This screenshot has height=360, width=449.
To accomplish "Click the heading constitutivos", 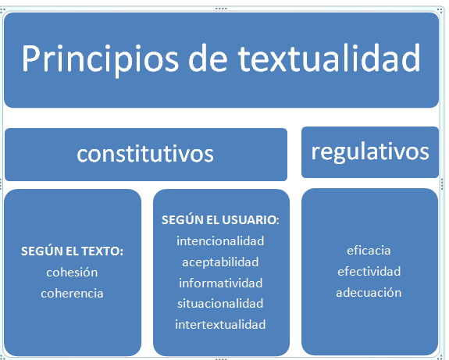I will (145, 154).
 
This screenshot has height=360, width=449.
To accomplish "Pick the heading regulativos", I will (370, 151).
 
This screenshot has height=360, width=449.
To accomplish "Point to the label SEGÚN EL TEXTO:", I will (73, 252).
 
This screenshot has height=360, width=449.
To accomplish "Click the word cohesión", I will (73, 273).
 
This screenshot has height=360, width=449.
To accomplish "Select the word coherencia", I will (73, 294).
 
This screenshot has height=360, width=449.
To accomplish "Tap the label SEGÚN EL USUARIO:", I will (220, 220).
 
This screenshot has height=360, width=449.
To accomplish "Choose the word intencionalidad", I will (220, 241).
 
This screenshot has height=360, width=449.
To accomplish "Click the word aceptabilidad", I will (220, 262).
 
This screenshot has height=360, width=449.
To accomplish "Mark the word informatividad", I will (220, 283).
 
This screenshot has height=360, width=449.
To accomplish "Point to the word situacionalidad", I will (220, 303).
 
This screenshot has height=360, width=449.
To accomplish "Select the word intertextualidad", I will (220, 324).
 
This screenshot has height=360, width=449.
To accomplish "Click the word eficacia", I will (369, 251).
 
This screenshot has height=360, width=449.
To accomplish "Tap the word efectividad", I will (369, 272).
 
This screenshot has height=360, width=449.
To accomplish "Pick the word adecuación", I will (369, 293).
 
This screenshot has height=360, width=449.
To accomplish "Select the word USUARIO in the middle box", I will (252, 220).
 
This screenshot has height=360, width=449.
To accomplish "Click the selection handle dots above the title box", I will (221, 8).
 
